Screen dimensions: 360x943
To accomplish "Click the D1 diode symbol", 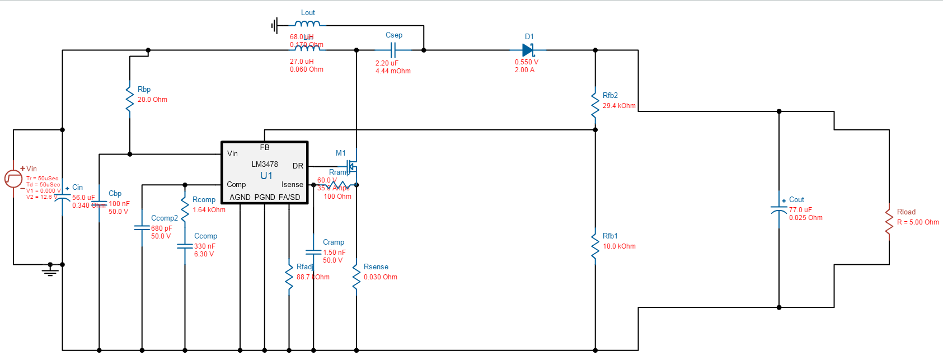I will click(x=528, y=50).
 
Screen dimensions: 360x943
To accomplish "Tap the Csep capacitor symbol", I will click(x=393, y=50).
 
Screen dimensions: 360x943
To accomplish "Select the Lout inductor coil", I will click(x=307, y=24).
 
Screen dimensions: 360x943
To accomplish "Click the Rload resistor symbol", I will click(x=889, y=222).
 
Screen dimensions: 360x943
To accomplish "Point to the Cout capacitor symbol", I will click(x=778, y=210).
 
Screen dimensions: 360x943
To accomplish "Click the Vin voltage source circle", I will click(x=13, y=179).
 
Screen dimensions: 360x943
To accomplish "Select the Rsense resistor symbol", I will click(x=356, y=277).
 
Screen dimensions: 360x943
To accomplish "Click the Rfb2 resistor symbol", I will click(x=595, y=105).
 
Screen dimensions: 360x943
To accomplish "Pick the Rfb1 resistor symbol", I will click(x=595, y=246).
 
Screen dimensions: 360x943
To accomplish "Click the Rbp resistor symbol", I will click(x=130, y=99).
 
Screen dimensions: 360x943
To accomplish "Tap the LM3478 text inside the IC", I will click(x=265, y=164).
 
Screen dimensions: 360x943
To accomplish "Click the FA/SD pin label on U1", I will click(x=289, y=197).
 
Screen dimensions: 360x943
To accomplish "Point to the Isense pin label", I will click(x=292, y=184).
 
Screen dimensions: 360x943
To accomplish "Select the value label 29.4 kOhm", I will click(x=619, y=106).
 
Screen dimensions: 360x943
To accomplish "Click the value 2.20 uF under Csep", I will click(x=387, y=63).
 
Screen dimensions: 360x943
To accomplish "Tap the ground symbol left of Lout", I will click(x=274, y=25).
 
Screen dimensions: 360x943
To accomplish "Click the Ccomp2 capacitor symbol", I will click(x=142, y=228).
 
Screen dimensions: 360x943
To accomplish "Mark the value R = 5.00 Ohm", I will click(x=918, y=222).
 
